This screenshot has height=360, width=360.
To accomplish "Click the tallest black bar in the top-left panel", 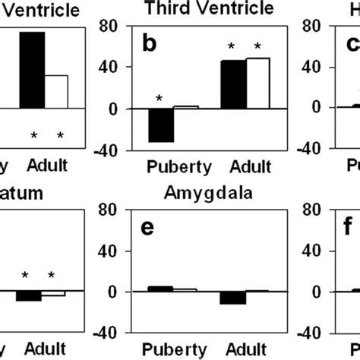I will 32,70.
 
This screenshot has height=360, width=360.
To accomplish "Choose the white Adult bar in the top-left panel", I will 56,91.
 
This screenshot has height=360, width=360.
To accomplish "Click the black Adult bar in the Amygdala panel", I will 232,298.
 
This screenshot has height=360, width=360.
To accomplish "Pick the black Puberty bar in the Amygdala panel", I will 160,289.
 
